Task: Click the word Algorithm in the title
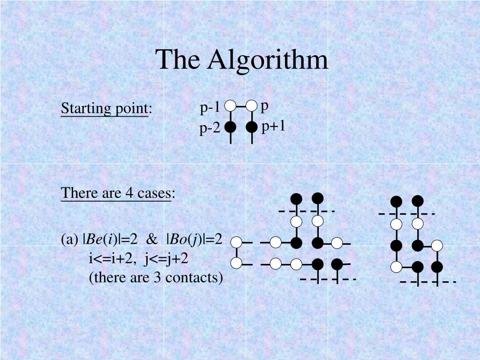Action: (269, 60)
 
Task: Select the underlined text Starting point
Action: (104, 109)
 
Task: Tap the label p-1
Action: (210, 108)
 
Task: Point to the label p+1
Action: (273, 126)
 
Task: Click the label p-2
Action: (210, 128)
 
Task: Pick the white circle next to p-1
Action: (230, 106)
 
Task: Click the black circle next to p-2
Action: (230, 127)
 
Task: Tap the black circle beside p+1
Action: (252, 127)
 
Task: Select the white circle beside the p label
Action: (252, 106)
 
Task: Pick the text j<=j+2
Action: (166, 259)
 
